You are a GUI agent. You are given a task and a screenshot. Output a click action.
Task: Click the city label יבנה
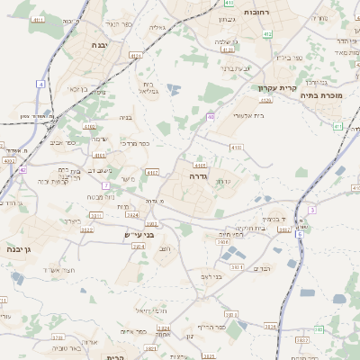point(100,43)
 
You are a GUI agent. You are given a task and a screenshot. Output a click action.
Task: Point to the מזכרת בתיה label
point(323,93)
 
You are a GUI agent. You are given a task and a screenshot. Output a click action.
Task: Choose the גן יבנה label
point(19,247)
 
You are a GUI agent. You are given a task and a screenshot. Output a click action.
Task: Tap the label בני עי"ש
point(139,235)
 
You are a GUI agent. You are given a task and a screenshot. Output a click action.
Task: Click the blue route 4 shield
point(40,84)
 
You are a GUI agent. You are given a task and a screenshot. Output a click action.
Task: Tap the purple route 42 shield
point(22,169)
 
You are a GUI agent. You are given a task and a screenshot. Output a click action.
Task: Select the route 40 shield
point(210,116)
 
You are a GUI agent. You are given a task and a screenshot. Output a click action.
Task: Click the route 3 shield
point(311,209)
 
